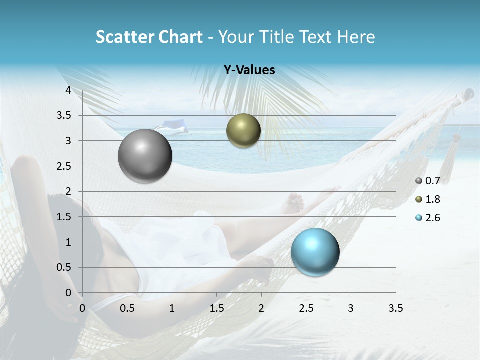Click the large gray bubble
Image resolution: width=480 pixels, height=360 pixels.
tap(145, 156)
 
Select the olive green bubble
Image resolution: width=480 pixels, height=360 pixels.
tap(243, 130)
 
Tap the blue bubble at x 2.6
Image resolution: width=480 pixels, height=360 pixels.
tap(315, 251)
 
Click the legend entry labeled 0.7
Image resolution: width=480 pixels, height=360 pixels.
tap(428, 181)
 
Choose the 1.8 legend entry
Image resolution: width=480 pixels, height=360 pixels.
tap(428, 199)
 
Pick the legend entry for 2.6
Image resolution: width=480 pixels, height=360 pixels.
tap(428, 218)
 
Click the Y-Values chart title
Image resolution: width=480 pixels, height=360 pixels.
tap(249, 70)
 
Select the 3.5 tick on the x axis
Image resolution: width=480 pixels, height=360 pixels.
tap(395, 308)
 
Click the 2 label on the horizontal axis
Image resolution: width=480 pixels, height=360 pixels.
tap(261, 308)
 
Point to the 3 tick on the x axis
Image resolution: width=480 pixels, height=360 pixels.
tap(351, 308)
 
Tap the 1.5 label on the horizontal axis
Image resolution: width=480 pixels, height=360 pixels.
tap(216, 308)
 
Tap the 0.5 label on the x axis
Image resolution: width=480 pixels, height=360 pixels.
tap(127, 308)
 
